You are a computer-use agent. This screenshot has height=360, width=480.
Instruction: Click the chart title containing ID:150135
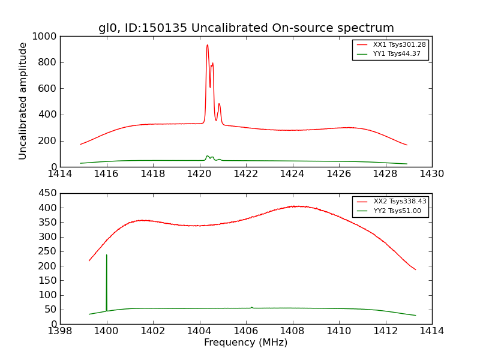point(246,28)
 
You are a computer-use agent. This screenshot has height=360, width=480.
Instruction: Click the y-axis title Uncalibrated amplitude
point(23,101)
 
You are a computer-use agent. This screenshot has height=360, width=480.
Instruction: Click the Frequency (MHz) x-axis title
point(246,343)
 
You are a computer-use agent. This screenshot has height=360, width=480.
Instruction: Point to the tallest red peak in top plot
point(208,45)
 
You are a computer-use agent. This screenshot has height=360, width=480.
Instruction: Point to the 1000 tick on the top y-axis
point(46,37)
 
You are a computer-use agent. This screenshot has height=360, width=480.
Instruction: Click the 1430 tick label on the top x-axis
point(431,174)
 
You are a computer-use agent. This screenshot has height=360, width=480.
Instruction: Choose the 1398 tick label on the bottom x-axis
point(60,331)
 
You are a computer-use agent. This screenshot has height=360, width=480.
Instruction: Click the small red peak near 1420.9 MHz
point(219,104)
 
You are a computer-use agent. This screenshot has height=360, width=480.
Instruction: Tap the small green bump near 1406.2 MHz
point(251,307)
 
